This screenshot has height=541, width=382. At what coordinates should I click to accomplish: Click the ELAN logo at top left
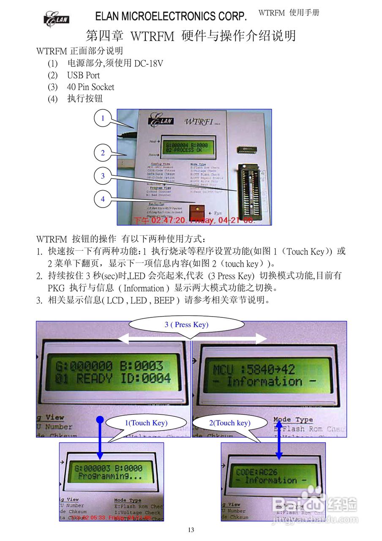point(56,19)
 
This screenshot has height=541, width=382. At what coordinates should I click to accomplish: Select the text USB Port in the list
point(83,75)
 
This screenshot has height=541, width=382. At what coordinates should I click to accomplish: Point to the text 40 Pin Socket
point(90,87)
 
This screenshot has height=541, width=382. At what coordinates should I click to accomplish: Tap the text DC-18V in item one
point(148,63)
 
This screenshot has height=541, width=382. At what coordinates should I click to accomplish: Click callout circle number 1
point(103,118)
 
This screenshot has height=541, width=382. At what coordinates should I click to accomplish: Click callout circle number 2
point(103,153)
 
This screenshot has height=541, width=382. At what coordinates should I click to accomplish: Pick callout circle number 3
point(103,176)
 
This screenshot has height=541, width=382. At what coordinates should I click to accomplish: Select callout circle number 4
point(103,199)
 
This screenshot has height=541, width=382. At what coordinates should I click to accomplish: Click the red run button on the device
point(196,210)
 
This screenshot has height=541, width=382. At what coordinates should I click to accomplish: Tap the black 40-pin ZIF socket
point(247,189)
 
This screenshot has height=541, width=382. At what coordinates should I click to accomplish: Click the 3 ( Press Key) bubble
point(186,325)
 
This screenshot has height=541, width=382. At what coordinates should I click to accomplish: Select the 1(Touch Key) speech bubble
point(146,423)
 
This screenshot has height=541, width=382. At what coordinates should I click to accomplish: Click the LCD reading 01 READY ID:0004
point(113,372)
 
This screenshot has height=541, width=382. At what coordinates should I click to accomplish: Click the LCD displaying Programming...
point(109,472)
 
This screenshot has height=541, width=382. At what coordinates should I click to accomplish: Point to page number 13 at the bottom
point(191,530)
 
